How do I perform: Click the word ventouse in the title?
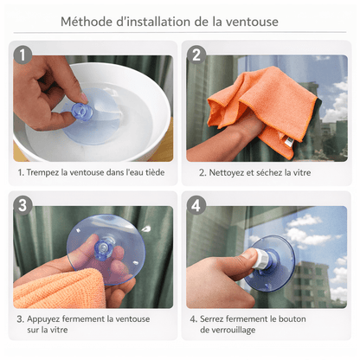(x=273, y=21)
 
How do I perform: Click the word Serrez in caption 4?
(x=216, y=318)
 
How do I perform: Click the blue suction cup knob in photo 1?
(x=80, y=112)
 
